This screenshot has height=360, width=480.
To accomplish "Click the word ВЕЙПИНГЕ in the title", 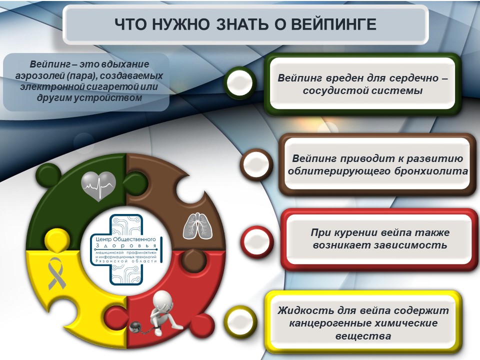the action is pos(333,24).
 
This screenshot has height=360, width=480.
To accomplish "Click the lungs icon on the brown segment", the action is pos(198,226).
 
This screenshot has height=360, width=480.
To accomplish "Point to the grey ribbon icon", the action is pos(56,273).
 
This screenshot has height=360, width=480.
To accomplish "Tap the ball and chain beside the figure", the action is pos(135,327).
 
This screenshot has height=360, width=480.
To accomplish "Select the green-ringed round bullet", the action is pos(240,82).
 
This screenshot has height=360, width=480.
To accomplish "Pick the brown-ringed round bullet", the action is pos(256,164).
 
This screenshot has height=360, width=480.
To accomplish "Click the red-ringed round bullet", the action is pos(257,242).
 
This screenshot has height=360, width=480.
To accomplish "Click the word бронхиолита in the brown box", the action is pos(431,171).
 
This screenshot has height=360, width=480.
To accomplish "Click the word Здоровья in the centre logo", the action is pos(126,246).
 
